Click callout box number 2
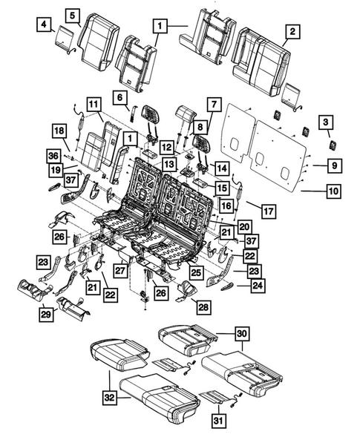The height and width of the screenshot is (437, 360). tap(292, 31)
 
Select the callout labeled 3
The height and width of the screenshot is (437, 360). tap(325, 122)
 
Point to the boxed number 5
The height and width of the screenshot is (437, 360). tap(73, 14)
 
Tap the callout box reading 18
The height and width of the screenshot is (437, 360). tap(59, 131)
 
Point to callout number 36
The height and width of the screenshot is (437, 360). tap(53, 155)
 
